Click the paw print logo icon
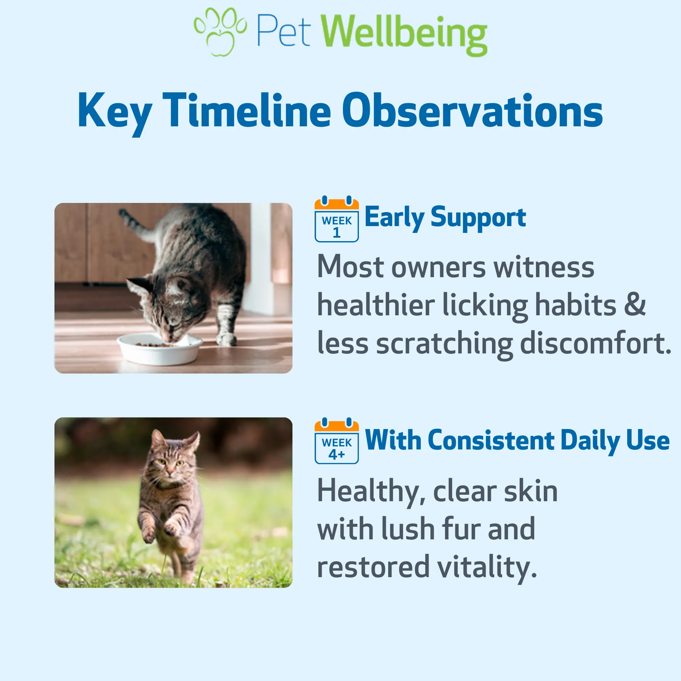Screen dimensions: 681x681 [x=220, y=32]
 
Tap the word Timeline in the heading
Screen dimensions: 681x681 [x=247, y=110]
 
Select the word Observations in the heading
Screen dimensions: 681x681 [x=472, y=110]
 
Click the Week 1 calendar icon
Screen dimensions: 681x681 [x=337, y=219]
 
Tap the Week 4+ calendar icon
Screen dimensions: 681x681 [x=337, y=441]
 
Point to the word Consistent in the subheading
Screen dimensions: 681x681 [x=491, y=440]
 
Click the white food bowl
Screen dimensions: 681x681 [x=160, y=349]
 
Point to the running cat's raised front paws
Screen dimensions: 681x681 [x=160, y=529]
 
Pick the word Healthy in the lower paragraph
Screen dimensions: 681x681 [x=371, y=493]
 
